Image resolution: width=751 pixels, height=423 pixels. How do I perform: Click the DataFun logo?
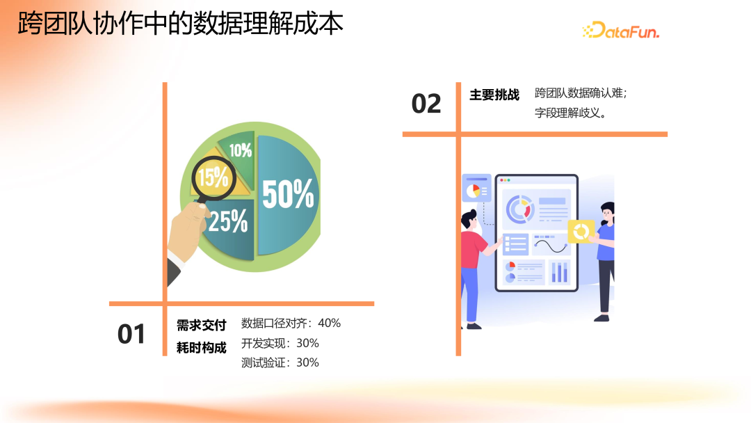coord(620,30)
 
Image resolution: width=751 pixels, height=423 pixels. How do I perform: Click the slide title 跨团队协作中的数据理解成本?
coord(181,24)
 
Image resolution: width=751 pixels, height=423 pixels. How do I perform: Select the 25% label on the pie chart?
coord(227,221)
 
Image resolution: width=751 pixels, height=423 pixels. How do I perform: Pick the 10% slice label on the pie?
coord(240,150)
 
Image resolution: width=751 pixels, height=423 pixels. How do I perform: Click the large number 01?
coord(131,335)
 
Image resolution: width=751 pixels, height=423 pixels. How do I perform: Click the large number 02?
coord(426,104)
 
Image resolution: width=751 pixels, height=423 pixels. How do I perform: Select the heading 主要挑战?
coord(494,95)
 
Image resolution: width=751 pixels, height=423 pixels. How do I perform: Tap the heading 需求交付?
coord(202,325)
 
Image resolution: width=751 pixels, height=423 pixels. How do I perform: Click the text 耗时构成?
coord(202,348)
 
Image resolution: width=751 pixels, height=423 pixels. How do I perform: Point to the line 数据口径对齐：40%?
coord(291,323)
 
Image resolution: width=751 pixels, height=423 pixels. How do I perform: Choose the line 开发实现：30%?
coord(280,343)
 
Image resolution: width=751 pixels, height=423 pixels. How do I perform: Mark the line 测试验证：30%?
coord(280,362)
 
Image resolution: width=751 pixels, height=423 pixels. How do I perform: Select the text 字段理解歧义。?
coord(570,113)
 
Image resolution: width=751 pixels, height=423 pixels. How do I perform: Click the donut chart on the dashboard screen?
coord(519,207)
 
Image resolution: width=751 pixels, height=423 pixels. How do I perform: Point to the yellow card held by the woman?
coord(581,232)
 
